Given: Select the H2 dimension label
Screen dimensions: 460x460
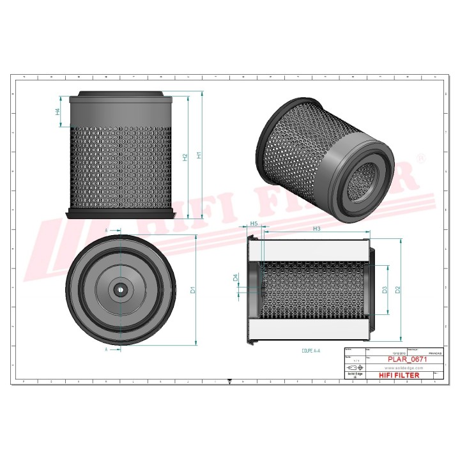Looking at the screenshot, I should click(x=185, y=157).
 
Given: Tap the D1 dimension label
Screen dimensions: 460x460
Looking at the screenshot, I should click(x=193, y=289).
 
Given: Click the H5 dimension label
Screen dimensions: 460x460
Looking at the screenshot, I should click(x=254, y=224).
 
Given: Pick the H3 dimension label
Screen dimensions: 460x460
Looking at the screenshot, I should click(x=316, y=228).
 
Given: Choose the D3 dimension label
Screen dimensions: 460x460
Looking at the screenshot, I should click(x=385, y=289).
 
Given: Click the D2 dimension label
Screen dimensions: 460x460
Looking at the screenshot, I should click(x=397, y=289).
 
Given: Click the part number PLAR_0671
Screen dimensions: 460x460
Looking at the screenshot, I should click(x=407, y=360).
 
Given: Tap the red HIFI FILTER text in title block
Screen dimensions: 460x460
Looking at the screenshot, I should click(x=399, y=375).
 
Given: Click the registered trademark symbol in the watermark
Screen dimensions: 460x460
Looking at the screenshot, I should click(x=420, y=157).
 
